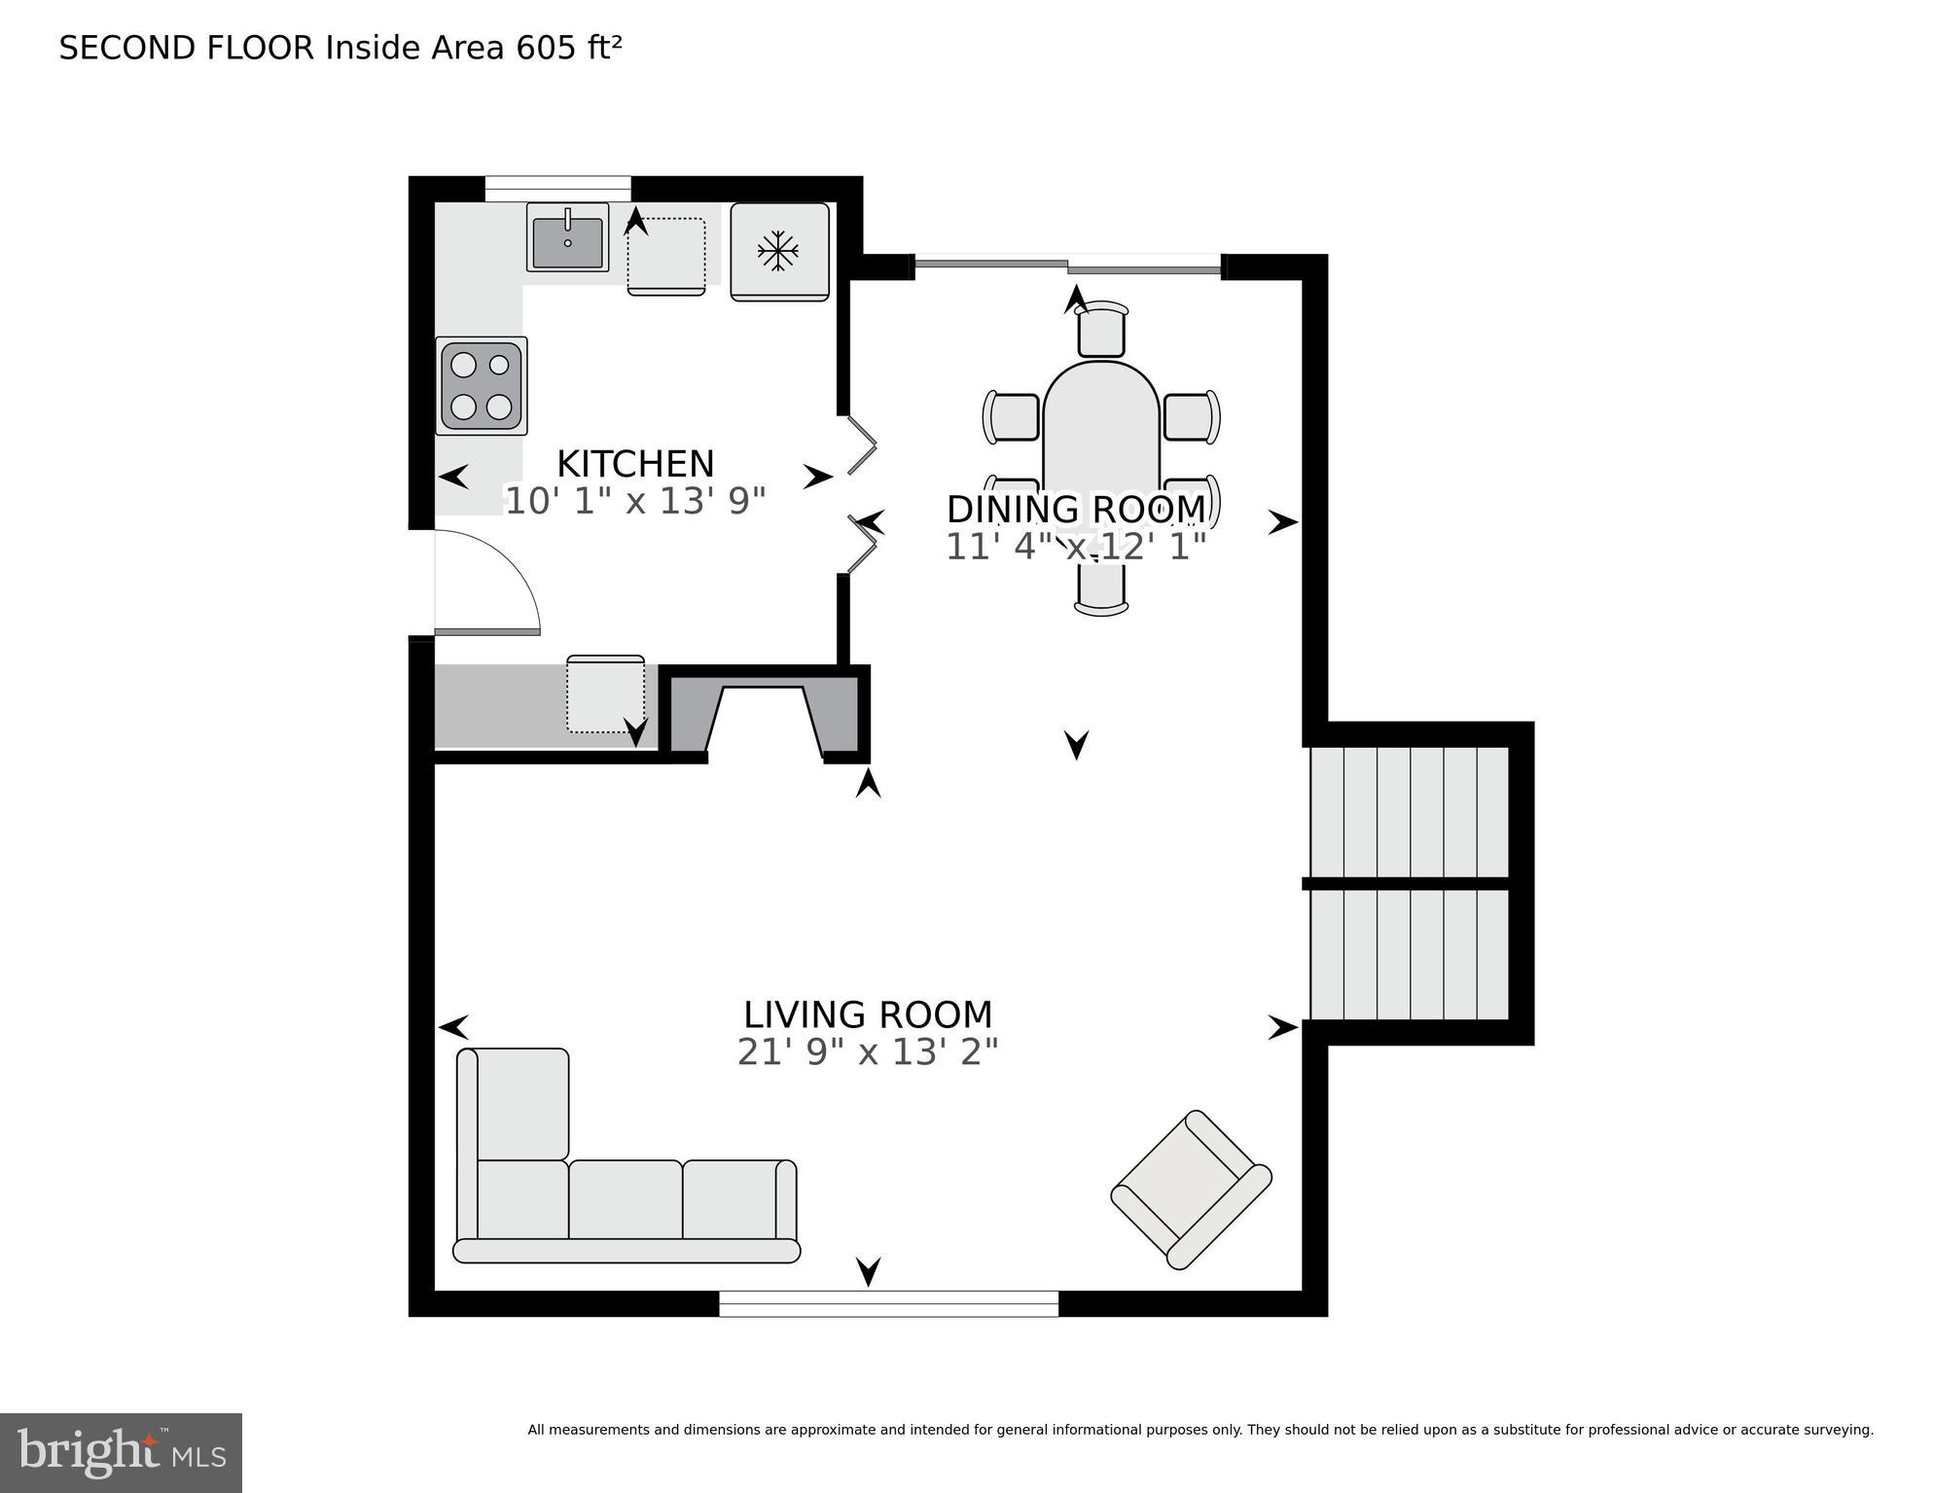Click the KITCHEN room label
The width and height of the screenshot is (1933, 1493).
click(635, 463)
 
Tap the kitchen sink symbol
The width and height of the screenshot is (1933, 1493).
click(567, 237)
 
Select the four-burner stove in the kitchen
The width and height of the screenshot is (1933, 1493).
click(482, 386)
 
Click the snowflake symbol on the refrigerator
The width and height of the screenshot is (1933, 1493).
click(778, 252)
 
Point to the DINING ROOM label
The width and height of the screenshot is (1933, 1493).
click(1075, 510)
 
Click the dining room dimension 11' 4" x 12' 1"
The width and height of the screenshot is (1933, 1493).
click(1075, 547)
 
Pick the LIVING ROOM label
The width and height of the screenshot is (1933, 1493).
click(868, 1014)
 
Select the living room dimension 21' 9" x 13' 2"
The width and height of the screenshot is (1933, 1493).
click(868, 1052)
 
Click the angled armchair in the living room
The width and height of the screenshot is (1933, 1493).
click(1191, 1189)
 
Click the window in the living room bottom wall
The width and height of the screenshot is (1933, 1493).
click(888, 1303)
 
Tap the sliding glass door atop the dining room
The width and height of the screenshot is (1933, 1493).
click(1067, 264)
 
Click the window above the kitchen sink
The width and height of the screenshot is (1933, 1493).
click(557, 188)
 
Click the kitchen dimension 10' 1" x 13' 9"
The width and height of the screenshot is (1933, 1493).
click(635, 501)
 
